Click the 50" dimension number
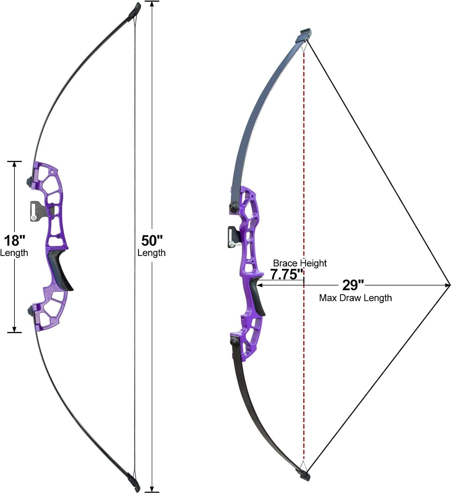click(x=152, y=241)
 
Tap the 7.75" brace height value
click(x=286, y=275)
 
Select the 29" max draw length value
click(x=353, y=285)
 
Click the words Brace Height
click(x=300, y=263)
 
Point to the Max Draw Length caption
click(x=355, y=298)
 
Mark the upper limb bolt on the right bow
click(x=234, y=206)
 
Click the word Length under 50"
click(x=152, y=253)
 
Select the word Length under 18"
click(x=14, y=253)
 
